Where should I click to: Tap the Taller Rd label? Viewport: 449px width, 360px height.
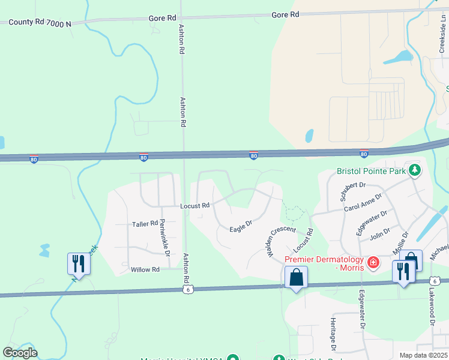(145, 224)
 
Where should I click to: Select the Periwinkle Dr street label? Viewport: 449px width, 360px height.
(164, 234)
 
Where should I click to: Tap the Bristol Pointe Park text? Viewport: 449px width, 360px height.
(372, 171)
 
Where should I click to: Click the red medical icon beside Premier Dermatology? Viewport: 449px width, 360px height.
(373, 262)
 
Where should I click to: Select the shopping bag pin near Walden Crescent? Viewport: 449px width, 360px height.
(296, 278)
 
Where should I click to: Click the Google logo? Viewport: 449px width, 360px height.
(20, 352)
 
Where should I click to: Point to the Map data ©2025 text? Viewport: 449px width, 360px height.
(423, 355)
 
